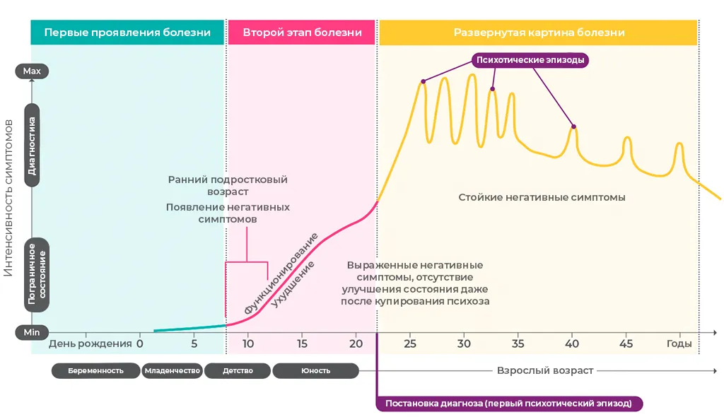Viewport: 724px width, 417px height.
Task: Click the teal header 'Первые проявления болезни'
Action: (127, 33)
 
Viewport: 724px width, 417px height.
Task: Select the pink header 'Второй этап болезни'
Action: (302, 33)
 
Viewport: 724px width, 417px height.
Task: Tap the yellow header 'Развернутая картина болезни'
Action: (539, 33)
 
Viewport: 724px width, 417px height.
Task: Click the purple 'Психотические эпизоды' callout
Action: (530, 60)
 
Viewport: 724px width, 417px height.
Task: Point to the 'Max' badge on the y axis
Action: (32, 71)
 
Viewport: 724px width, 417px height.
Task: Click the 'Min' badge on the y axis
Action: (32, 331)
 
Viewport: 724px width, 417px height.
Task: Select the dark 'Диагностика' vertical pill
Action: (32, 145)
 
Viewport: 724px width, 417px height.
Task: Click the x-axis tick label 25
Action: (410, 343)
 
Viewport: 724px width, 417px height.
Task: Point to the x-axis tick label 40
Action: (572, 343)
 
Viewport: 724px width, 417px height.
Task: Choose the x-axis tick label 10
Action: (247, 343)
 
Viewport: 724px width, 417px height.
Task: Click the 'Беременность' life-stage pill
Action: (95, 370)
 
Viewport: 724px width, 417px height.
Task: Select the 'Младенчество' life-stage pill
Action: (173, 370)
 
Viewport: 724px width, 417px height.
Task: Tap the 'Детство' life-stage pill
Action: (238, 370)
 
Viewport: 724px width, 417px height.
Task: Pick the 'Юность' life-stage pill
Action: (315, 370)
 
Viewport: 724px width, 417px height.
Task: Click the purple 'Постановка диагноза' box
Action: (509, 404)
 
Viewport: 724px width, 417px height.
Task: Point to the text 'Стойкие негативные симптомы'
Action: (542, 197)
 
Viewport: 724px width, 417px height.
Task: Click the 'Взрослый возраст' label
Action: (545, 370)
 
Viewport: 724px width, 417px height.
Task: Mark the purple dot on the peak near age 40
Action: (573, 127)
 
